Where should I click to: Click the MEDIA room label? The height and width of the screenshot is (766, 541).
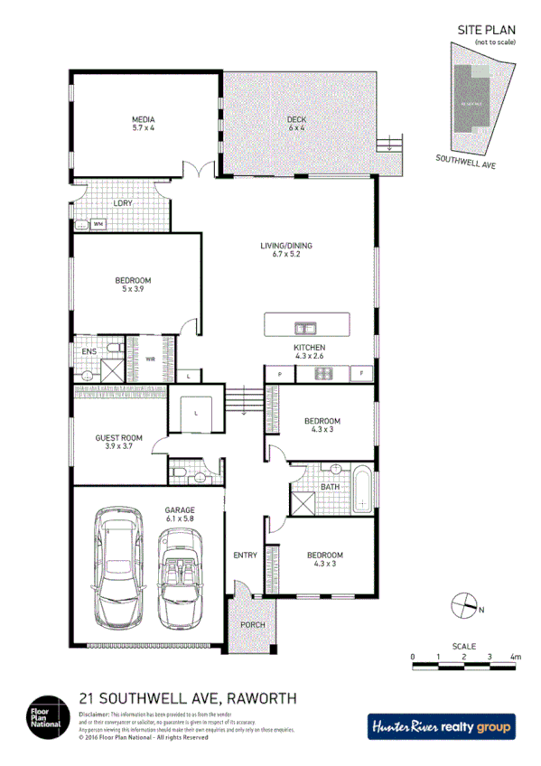143,124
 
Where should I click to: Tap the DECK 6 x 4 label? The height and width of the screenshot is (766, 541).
297,124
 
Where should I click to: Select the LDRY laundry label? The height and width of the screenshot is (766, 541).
123,203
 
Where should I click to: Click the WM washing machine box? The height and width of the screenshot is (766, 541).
98,223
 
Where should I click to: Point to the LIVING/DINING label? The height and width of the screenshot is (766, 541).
285,250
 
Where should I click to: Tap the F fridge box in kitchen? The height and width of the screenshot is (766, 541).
362,373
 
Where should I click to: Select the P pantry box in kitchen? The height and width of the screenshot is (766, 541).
280,373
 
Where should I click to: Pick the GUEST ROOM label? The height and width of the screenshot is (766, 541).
119,443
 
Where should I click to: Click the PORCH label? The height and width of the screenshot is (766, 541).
252,626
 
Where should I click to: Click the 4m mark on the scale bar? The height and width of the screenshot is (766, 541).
516,657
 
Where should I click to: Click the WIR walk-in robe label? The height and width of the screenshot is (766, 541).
151,359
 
